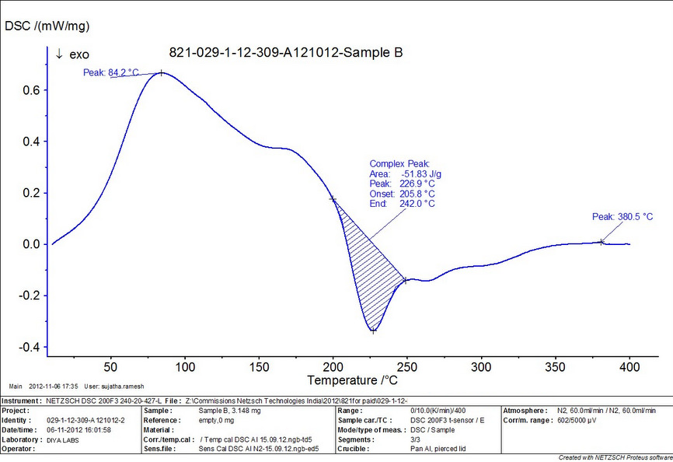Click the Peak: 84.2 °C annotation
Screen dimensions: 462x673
click(x=111, y=73)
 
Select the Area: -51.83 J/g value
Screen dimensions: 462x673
click(x=406, y=174)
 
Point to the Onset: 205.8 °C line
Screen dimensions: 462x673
click(x=402, y=194)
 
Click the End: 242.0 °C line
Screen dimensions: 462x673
click(x=402, y=204)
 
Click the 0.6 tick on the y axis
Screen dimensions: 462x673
click(x=33, y=90)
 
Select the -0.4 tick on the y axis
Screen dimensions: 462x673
click(x=30, y=347)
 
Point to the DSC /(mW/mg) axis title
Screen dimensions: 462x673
click(x=47, y=26)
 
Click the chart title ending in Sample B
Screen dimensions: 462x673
click(x=286, y=54)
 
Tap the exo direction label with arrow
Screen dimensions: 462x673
click(x=72, y=54)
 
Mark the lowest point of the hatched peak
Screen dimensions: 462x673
click(x=373, y=331)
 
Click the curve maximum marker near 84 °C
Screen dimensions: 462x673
click(x=161, y=72)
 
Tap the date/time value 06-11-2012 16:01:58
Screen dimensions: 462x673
click(x=79, y=429)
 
